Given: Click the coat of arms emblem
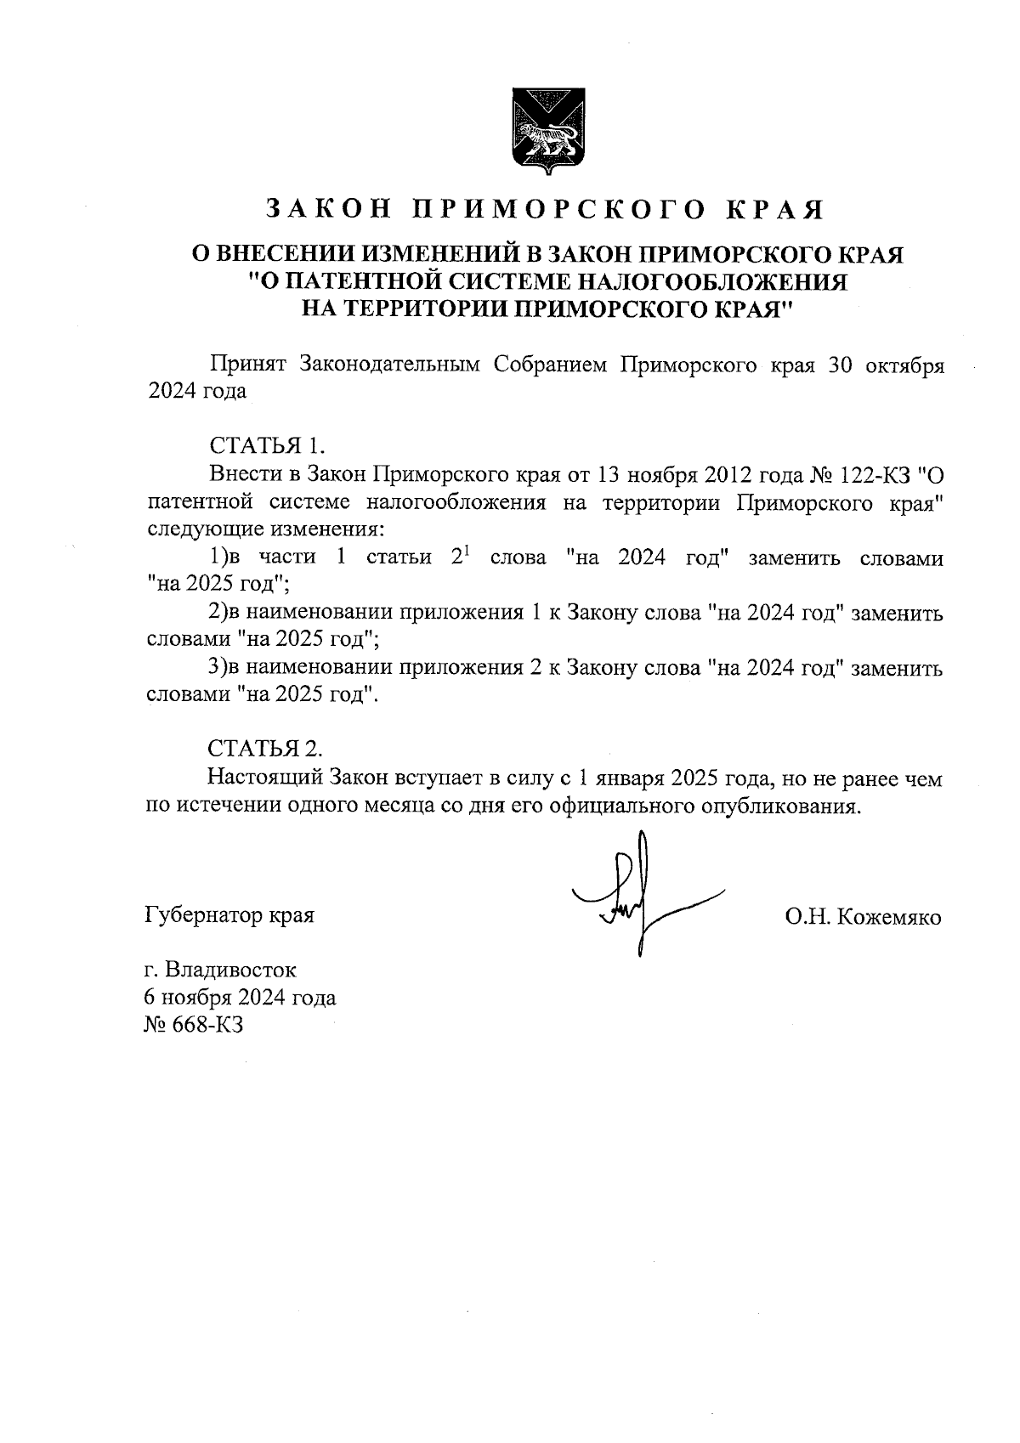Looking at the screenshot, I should click(545, 131).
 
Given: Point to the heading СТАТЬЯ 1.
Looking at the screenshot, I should click(267, 445).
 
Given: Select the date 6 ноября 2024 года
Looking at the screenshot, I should click(241, 997).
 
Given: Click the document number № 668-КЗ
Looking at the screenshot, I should click(195, 1025).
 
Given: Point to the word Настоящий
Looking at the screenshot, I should click(264, 778).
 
